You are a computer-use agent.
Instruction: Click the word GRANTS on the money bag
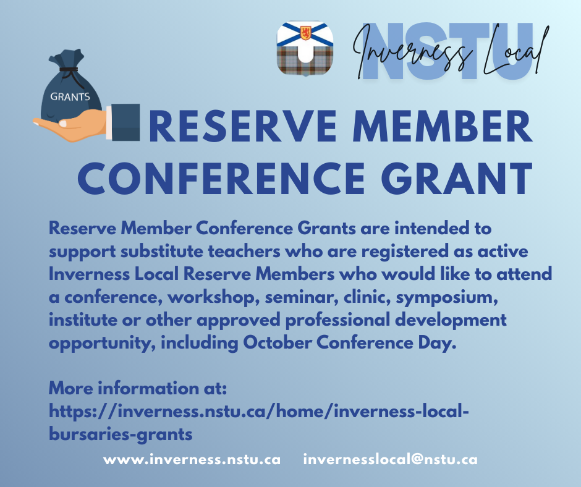click(70, 97)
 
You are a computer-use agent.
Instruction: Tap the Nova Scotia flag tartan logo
click(305, 48)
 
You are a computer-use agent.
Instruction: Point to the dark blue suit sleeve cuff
click(125, 122)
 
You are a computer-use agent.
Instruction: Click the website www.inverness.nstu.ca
click(192, 460)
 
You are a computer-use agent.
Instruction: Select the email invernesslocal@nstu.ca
click(390, 460)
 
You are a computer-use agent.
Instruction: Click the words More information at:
click(138, 388)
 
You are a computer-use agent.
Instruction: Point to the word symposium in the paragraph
click(447, 298)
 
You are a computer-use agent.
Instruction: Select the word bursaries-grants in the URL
click(121, 434)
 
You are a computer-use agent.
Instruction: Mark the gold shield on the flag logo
click(306, 33)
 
